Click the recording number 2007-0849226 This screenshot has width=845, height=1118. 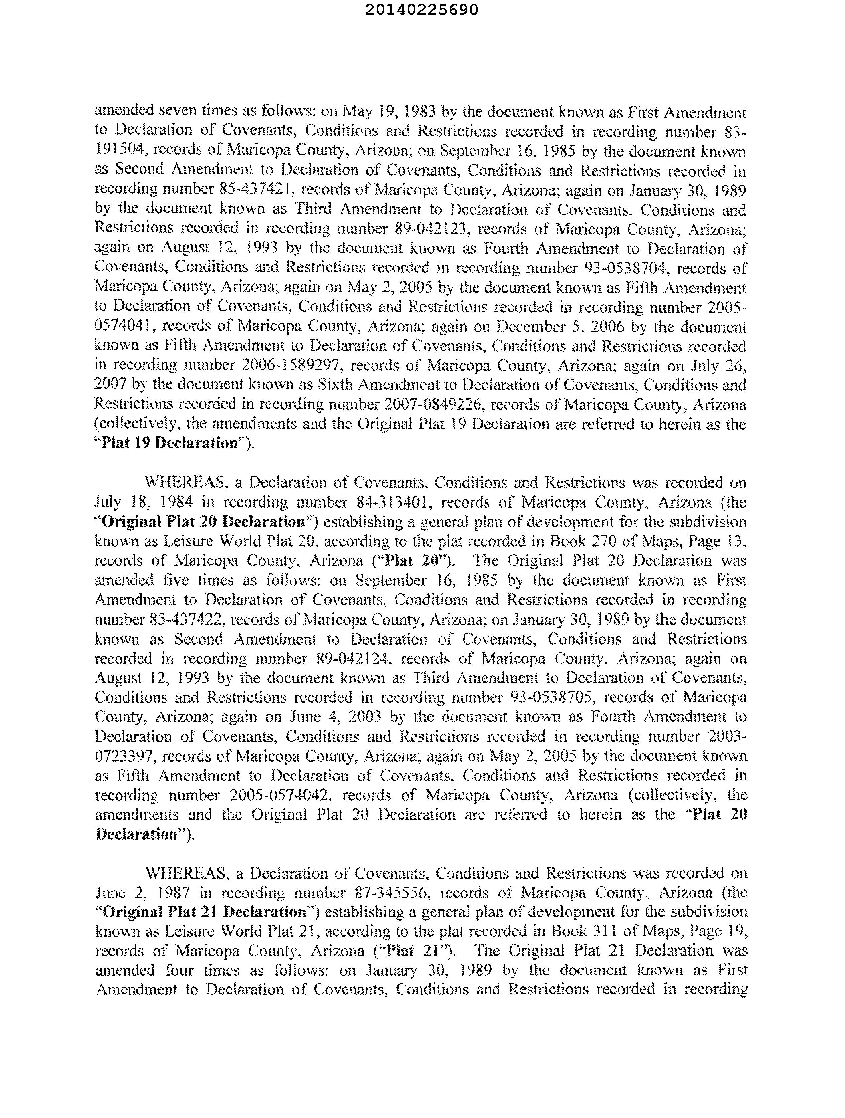coord(432,404)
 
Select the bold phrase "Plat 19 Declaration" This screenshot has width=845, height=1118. coord(169,443)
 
